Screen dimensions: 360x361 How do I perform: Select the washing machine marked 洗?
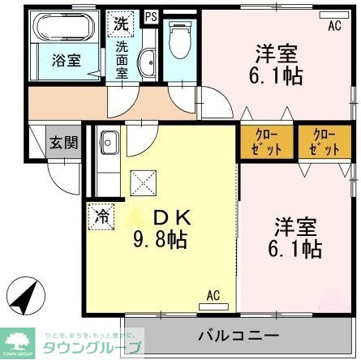(121, 24)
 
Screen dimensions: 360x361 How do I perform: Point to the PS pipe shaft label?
(151, 15)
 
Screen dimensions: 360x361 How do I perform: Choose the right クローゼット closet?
(320, 142)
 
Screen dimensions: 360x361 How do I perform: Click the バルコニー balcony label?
(239, 336)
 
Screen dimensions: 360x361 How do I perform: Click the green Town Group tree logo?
(18, 338)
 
